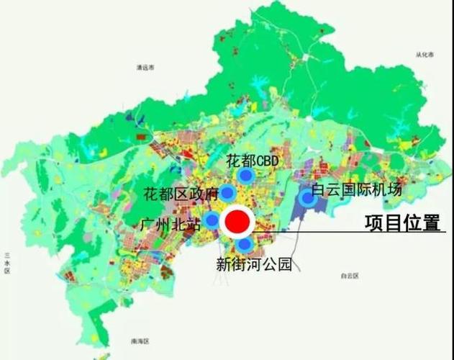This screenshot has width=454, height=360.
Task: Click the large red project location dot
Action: (237, 222)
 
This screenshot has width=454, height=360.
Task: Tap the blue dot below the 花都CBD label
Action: (246, 174)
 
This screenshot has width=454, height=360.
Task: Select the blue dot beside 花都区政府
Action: (227, 192)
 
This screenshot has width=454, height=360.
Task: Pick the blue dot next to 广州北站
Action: (212, 220)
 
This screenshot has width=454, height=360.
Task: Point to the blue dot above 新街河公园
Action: (245, 245)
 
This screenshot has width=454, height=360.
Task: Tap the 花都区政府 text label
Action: (180, 193)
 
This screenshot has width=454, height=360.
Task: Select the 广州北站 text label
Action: (171, 225)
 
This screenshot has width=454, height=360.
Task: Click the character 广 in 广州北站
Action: (147, 225)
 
